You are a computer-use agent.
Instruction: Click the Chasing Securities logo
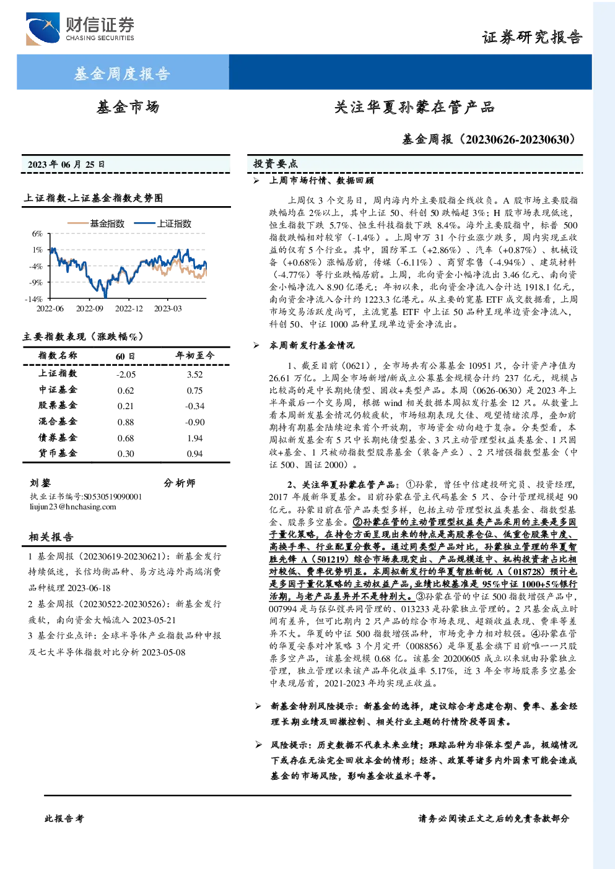80,28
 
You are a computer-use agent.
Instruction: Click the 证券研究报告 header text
532,38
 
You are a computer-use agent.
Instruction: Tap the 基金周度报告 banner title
122,73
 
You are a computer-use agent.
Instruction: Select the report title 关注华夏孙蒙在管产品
414,107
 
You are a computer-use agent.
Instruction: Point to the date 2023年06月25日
66,165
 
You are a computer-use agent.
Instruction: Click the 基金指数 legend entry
96,223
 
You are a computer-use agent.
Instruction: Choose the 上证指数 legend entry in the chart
163,223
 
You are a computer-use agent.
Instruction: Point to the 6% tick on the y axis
37,233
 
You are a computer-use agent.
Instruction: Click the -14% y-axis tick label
34,299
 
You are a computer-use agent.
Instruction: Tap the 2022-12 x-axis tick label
129,309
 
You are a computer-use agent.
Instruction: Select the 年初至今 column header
194,355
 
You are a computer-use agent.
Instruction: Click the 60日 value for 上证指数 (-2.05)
126,374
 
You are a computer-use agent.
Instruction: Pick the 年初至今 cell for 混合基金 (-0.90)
194,422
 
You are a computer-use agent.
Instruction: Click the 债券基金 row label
58,438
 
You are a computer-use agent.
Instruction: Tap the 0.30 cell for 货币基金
126,454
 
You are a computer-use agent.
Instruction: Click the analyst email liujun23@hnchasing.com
73,507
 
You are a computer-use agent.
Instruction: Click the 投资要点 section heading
275,164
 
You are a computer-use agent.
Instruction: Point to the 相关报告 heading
51,537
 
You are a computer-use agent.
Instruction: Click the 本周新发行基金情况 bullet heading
312,345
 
